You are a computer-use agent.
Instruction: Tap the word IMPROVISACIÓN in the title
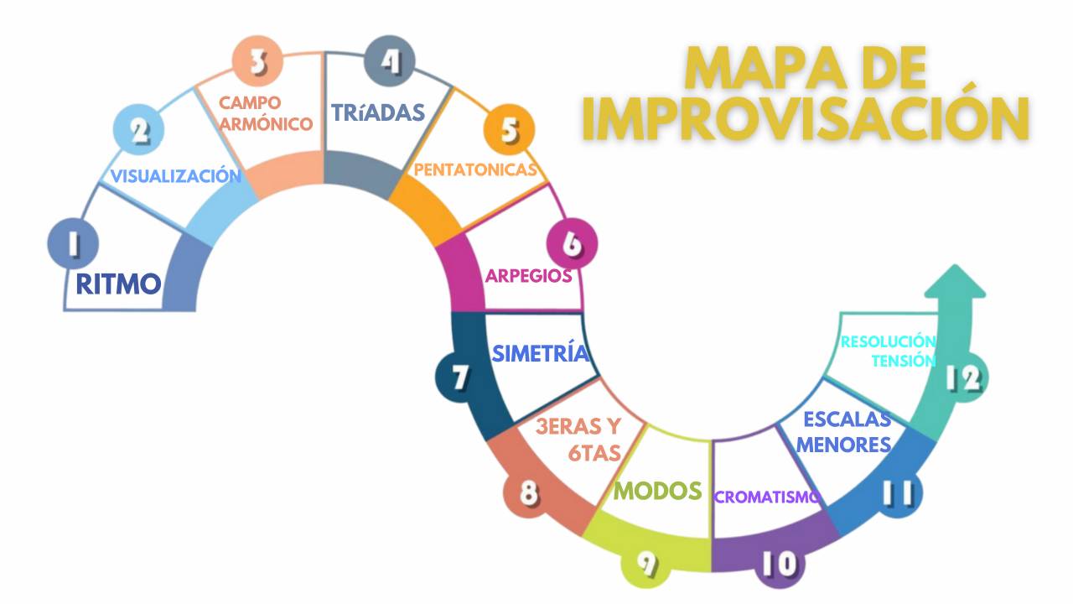pyautogui.click(x=805, y=118)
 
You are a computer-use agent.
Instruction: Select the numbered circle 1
pyautogui.click(x=73, y=243)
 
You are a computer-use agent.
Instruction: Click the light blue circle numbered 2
pyautogui.click(x=138, y=131)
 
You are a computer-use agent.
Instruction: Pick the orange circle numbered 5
pyautogui.click(x=509, y=130)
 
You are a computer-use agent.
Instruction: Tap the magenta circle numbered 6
pyautogui.click(x=572, y=244)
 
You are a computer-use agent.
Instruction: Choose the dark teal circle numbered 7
pyautogui.click(x=460, y=377)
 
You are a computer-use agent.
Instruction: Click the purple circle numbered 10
pyautogui.click(x=781, y=564)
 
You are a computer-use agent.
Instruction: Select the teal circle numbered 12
pyautogui.click(x=962, y=379)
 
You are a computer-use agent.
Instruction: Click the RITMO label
pyautogui.click(x=118, y=284)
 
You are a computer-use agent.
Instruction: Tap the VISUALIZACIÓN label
pyautogui.click(x=176, y=176)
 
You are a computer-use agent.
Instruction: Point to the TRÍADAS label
pyautogui.click(x=378, y=112)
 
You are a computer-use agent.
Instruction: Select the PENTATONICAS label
pyautogui.click(x=475, y=170)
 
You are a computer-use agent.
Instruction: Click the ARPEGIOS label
pyautogui.click(x=529, y=276)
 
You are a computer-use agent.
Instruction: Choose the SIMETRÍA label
pyautogui.click(x=540, y=353)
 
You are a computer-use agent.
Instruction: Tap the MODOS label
pyautogui.click(x=658, y=490)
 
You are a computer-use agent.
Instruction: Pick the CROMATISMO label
pyautogui.click(x=767, y=497)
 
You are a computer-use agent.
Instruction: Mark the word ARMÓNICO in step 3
pyautogui.click(x=272, y=123)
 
